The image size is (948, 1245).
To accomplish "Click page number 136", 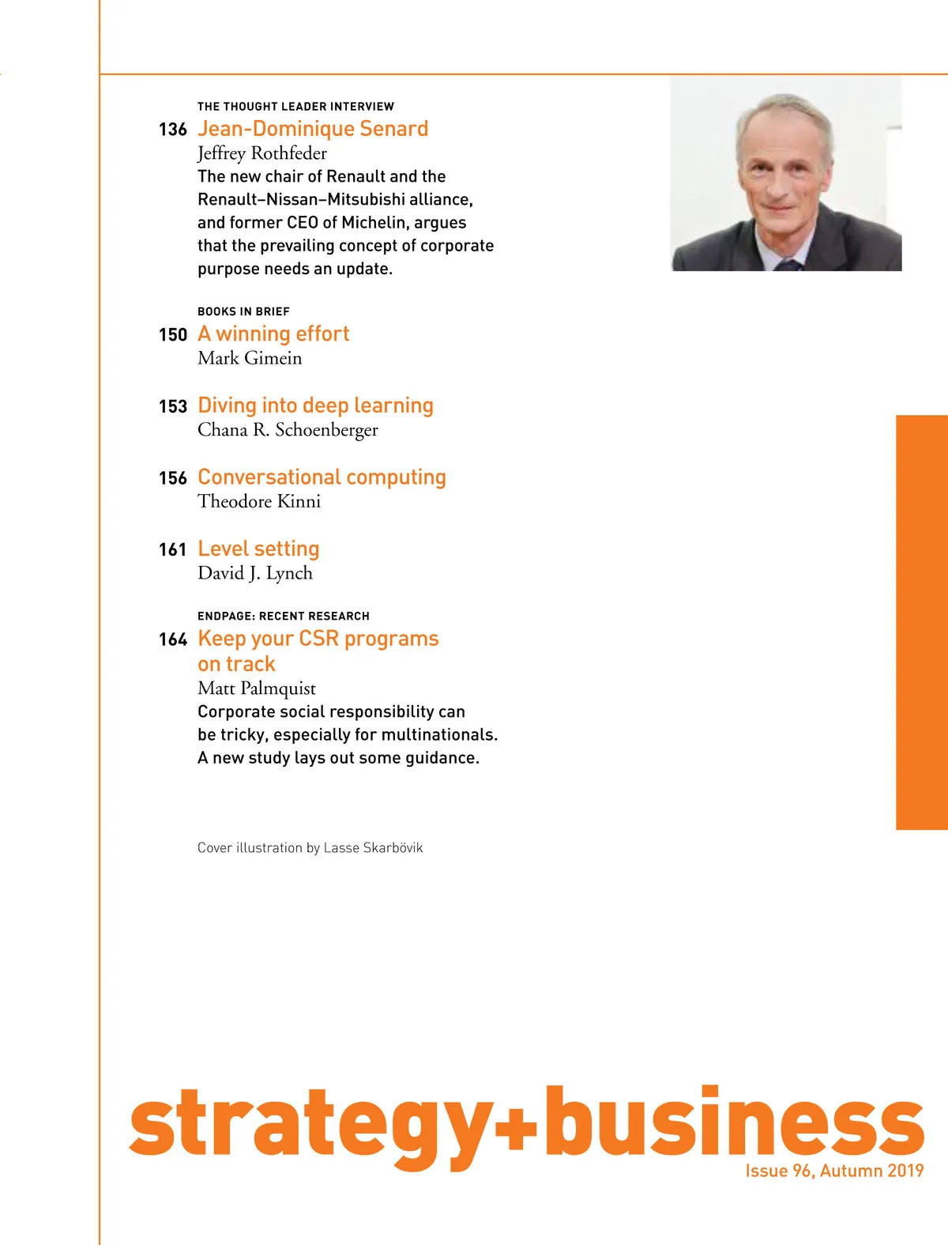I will [x=172, y=130].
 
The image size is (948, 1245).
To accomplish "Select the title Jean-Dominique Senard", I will [x=313, y=129].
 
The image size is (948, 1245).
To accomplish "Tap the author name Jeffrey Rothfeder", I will [x=261, y=153].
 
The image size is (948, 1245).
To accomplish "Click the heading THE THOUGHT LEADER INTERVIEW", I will [x=295, y=107].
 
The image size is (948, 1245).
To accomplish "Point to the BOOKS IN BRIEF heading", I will [x=243, y=311].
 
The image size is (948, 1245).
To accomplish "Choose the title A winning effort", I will [x=273, y=334].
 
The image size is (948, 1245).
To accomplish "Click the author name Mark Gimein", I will [x=250, y=358].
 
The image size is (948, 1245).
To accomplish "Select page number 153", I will [x=172, y=406].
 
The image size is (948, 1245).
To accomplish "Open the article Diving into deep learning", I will [x=315, y=406].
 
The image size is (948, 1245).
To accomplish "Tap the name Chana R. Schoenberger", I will [x=288, y=430].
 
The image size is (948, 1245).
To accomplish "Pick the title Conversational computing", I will [x=322, y=477].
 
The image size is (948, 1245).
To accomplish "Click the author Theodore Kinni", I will [x=259, y=501].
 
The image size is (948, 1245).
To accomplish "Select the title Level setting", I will [x=258, y=549].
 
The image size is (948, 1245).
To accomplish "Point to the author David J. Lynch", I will [x=255, y=573].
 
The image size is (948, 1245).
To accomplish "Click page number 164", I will [x=172, y=639].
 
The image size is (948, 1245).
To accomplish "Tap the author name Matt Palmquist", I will [x=257, y=689].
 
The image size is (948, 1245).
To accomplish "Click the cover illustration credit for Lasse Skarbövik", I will [x=310, y=848].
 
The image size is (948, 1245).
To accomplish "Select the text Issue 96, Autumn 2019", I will [x=834, y=1171].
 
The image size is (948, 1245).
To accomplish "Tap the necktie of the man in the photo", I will [x=788, y=265].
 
